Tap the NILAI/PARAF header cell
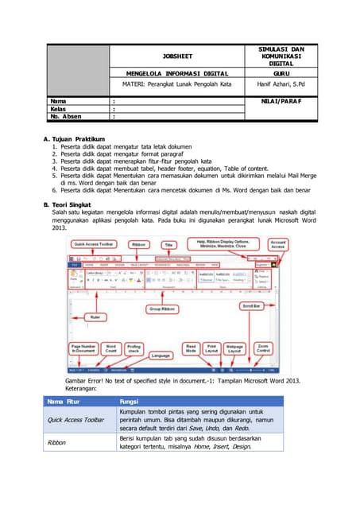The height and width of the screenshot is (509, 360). click(282, 101)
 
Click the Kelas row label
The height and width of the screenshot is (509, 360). click(58, 110)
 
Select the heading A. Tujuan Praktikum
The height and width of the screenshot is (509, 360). click(79, 140)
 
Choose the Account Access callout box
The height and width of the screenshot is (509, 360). click(278, 245)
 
